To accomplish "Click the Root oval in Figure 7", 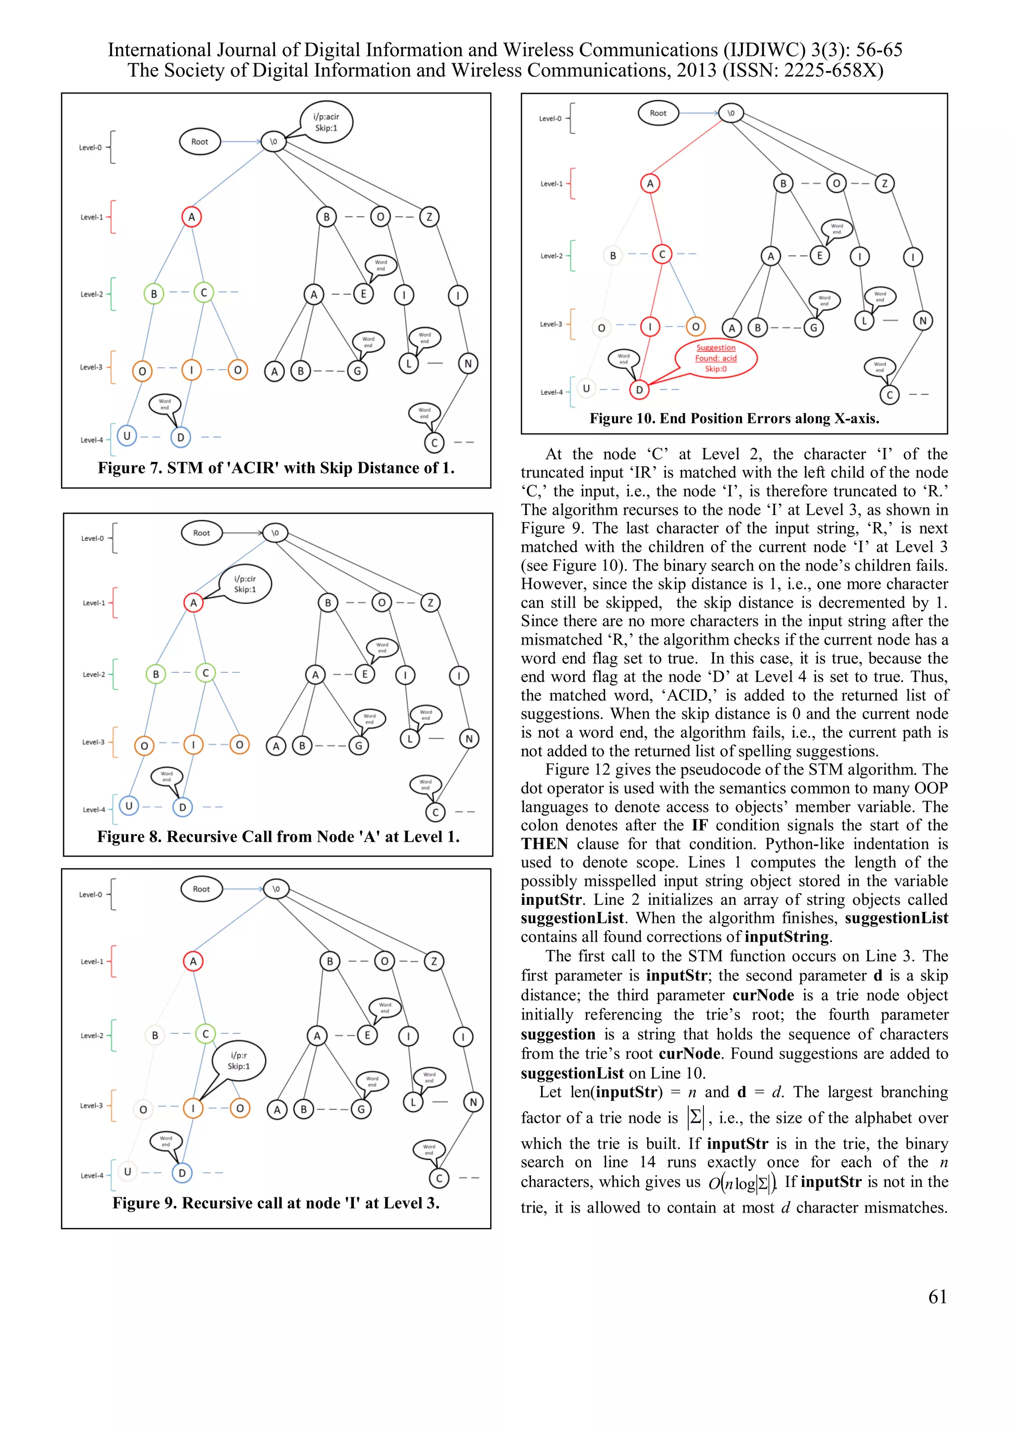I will pyautogui.click(x=199, y=142).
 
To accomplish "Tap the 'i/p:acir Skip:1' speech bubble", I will pyautogui.click(x=326, y=122).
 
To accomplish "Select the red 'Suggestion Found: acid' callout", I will pyautogui.click(x=716, y=358).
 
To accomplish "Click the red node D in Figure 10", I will pyautogui.click(x=639, y=390).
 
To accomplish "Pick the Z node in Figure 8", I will pyautogui.click(x=430, y=603).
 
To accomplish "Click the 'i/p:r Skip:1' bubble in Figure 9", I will pyautogui.click(x=239, y=1060).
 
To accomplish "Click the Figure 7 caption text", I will pyautogui.click(x=276, y=468).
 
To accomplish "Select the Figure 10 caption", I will pyautogui.click(x=734, y=418).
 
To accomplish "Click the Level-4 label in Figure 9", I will pyautogui.click(x=91, y=1176).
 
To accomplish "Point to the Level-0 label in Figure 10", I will pyautogui.click(x=550, y=119).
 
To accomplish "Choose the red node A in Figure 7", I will pyautogui.click(x=192, y=217).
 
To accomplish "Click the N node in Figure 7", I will pyautogui.click(x=467, y=364).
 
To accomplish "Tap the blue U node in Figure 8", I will pyautogui.click(x=129, y=806).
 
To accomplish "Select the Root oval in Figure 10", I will pyautogui.click(x=658, y=113).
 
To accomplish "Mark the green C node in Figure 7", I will pyautogui.click(x=203, y=293).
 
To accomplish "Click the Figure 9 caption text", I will pyautogui.click(x=276, y=1203).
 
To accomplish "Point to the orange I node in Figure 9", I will pyautogui.click(x=193, y=1108).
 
